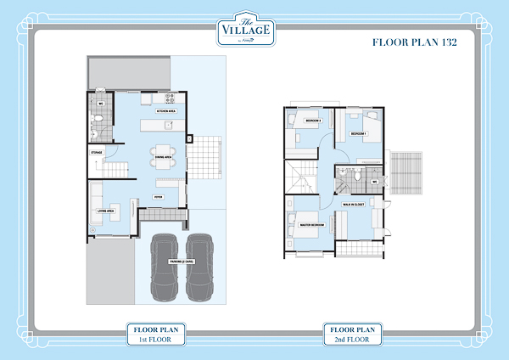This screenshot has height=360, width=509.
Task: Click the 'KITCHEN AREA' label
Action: (x=165, y=111)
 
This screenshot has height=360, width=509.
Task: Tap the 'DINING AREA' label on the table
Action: (x=163, y=157)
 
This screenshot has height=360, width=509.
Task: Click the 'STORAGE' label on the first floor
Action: (x=98, y=154)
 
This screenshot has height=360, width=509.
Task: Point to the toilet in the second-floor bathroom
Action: (x=360, y=174)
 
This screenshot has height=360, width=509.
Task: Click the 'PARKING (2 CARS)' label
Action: (x=182, y=262)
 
